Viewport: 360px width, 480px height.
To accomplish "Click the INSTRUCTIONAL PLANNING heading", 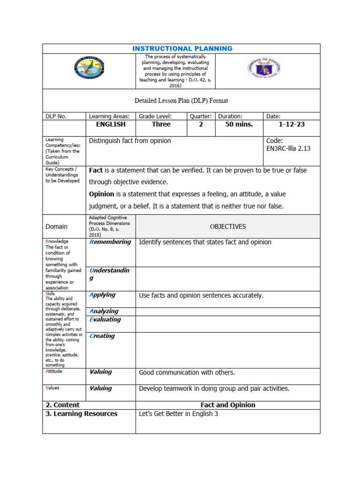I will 182,49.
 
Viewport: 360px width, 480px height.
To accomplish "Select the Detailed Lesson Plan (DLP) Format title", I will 181,100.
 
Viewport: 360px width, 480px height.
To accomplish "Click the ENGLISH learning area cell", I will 111,125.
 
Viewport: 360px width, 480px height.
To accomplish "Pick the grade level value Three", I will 161,125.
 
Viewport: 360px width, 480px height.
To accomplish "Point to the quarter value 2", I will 201,125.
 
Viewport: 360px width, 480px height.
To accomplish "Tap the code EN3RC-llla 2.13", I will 288,149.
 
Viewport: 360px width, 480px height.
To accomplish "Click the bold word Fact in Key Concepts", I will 96,171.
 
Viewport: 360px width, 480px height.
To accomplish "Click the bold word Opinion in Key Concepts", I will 102,194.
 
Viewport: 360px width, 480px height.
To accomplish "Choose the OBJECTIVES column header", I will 227,226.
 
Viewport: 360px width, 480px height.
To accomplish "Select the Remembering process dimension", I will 110,242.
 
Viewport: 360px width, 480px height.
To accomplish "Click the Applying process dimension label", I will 102,295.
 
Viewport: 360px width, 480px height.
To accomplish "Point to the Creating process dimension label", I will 102,336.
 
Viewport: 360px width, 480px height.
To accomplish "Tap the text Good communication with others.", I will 187,373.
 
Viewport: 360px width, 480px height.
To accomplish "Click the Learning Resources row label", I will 82,414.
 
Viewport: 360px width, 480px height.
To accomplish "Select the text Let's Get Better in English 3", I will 179,414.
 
